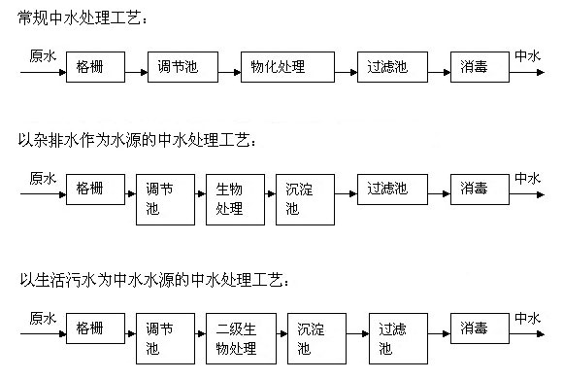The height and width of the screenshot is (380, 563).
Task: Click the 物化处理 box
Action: click(x=279, y=67)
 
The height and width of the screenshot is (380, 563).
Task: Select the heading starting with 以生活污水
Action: click(x=146, y=281)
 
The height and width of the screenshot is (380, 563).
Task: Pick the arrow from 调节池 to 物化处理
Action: click(x=227, y=68)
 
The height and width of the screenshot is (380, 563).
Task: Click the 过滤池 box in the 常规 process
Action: click(x=386, y=67)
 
